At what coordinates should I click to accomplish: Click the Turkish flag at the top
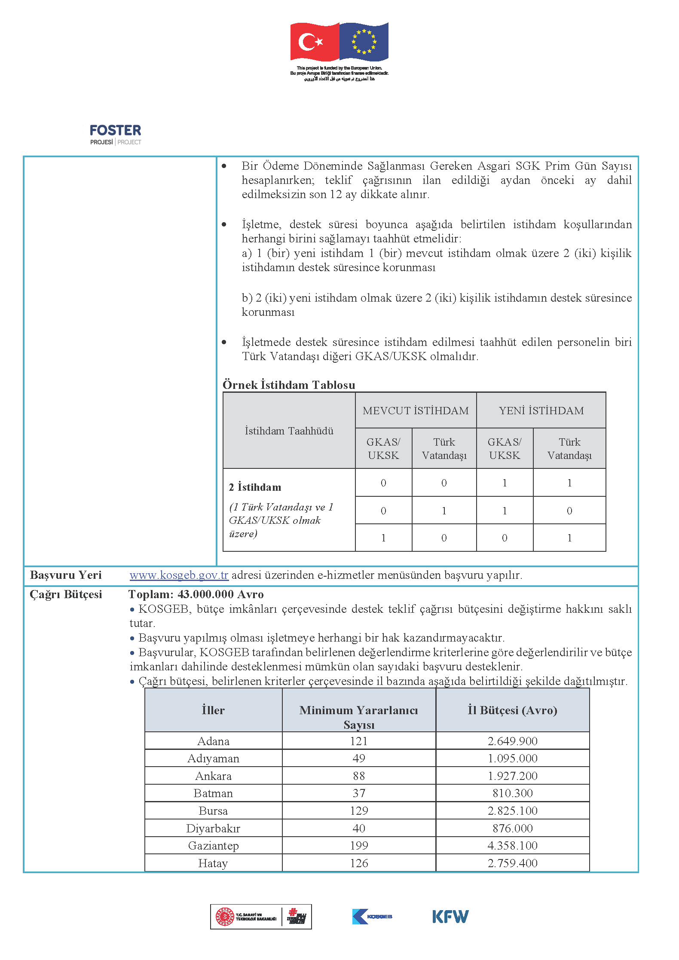pyautogui.click(x=315, y=42)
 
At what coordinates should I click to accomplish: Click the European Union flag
pyautogui.click(x=364, y=41)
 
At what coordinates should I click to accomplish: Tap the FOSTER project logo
pyautogui.click(x=115, y=135)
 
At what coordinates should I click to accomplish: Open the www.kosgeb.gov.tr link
pyautogui.click(x=179, y=575)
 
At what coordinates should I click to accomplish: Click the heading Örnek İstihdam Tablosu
pyautogui.click(x=289, y=385)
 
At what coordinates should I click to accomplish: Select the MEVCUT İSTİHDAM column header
pyautogui.click(x=416, y=410)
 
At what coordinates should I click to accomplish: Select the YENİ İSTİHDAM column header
pyautogui.click(x=541, y=410)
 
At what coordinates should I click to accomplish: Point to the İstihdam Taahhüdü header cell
pyautogui.click(x=289, y=431)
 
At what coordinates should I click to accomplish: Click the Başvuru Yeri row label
pyautogui.click(x=66, y=575)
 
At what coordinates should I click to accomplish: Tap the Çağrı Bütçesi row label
pyautogui.click(x=66, y=594)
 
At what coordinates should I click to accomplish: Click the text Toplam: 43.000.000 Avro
pyautogui.click(x=196, y=594)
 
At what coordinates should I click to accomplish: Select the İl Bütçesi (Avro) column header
pyautogui.click(x=512, y=710)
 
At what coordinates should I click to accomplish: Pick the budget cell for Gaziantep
pyautogui.click(x=512, y=845)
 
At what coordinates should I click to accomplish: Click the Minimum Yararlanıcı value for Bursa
pyautogui.click(x=359, y=810)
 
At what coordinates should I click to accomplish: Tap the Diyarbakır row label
pyautogui.click(x=213, y=828)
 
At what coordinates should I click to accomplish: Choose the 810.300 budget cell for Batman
pyautogui.click(x=512, y=793)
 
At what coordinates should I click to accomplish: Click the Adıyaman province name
pyautogui.click(x=213, y=758)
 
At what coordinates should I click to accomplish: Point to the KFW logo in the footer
pyautogui.click(x=450, y=916)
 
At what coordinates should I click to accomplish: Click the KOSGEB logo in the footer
pyautogui.click(x=372, y=916)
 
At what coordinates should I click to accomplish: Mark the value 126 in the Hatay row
pyautogui.click(x=359, y=863)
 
